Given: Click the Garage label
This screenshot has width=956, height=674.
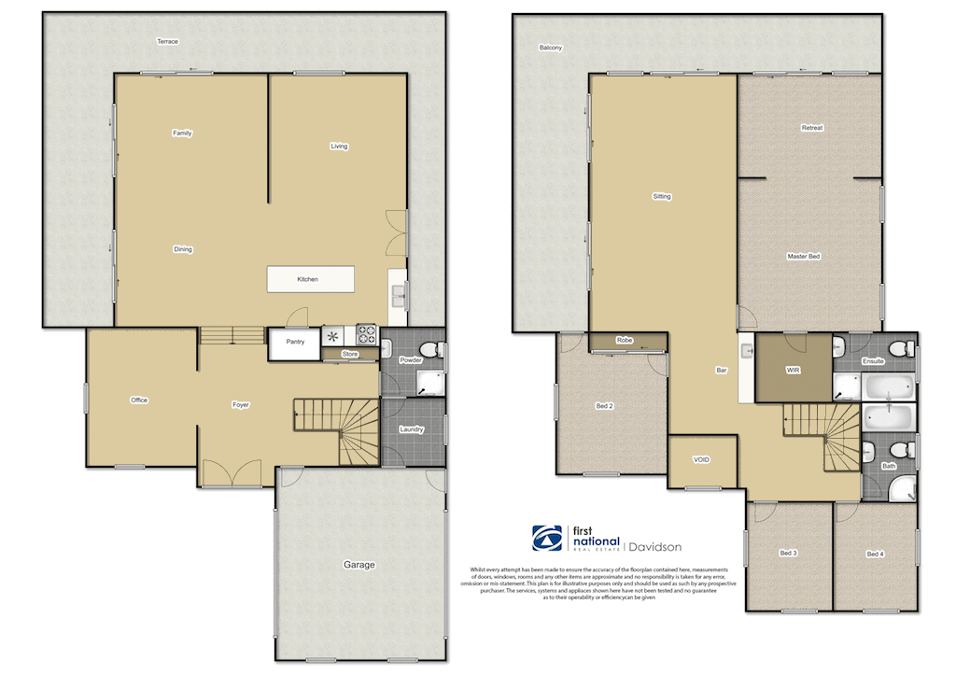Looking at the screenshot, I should pyautogui.click(x=359, y=565).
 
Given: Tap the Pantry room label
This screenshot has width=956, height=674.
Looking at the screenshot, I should pyautogui.click(x=295, y=343).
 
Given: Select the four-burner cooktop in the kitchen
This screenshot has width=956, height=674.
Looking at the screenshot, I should pyautogui.click(x=365, y=335).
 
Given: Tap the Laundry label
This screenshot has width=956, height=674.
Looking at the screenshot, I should pyautogui.click(x=412, y=429).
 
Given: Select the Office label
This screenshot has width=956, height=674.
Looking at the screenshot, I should pyautogui.click(x=139, y=400).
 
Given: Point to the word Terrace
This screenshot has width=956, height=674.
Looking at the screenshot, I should pyautogui.click(x=167, y=42).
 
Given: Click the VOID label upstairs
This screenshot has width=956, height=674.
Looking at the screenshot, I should pyautogui.click(x=701, y=460).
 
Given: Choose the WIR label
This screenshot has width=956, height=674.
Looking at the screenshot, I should pyautogui.click(x=793, y=371).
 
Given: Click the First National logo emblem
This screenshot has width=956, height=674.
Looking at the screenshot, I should pyautogui.click(x=547, y=539).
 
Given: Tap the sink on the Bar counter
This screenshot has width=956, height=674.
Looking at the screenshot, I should pyautogui.click(x=747, y=351).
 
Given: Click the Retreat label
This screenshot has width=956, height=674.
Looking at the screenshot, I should pyautogui.click(x=811, y=128).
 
